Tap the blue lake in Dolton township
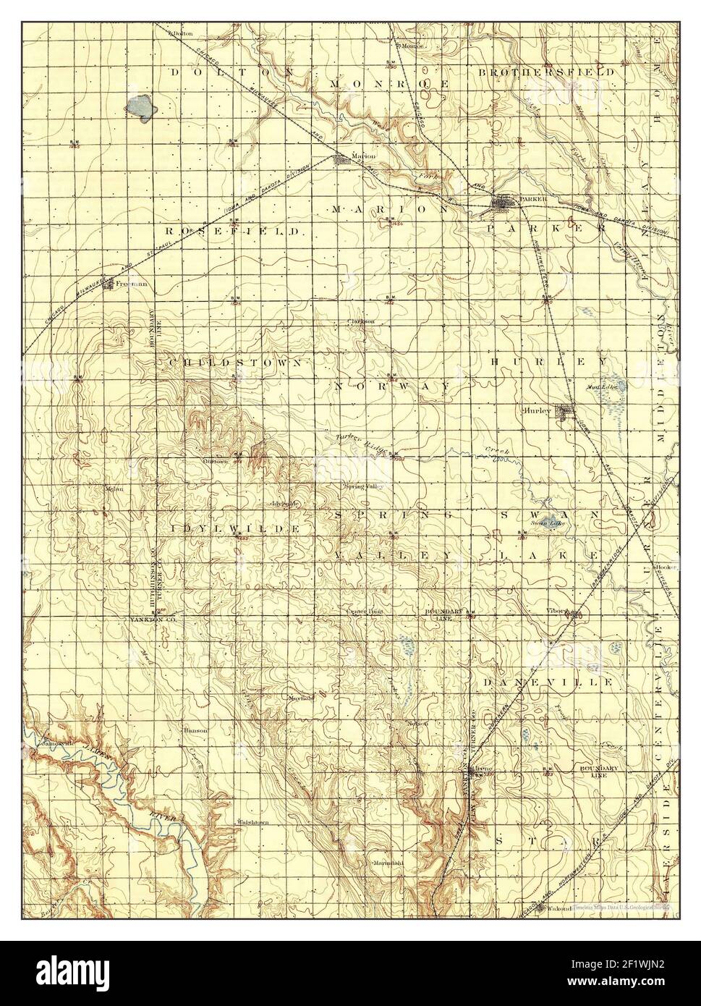point(141,107)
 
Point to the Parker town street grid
point(504,205)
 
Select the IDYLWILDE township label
point(236,529)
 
